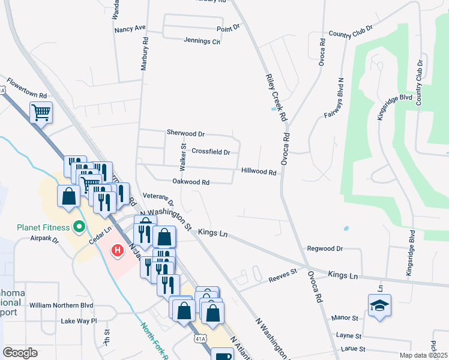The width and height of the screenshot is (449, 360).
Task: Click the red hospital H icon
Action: pos(118,249)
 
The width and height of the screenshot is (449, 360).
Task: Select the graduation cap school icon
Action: pos(379,306)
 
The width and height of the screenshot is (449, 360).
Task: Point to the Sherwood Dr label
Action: pos(185,133)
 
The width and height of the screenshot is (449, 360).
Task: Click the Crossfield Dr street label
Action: pos(211,152)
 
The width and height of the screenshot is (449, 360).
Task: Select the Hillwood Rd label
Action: pos(259,172)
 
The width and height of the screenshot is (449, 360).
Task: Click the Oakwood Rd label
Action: pos(190,182)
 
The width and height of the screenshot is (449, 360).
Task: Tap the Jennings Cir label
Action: pos(202,41)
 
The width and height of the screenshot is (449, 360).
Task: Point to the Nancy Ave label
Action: pos(130,28)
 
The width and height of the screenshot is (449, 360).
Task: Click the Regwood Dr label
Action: pos(324,248)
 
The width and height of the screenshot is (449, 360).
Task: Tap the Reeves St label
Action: pos(283,272)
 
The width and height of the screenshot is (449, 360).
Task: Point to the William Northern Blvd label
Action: pos(61,305)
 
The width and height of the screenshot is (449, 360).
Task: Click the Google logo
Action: pos(20,353)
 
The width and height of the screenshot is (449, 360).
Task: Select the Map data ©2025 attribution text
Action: pos(423,355)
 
